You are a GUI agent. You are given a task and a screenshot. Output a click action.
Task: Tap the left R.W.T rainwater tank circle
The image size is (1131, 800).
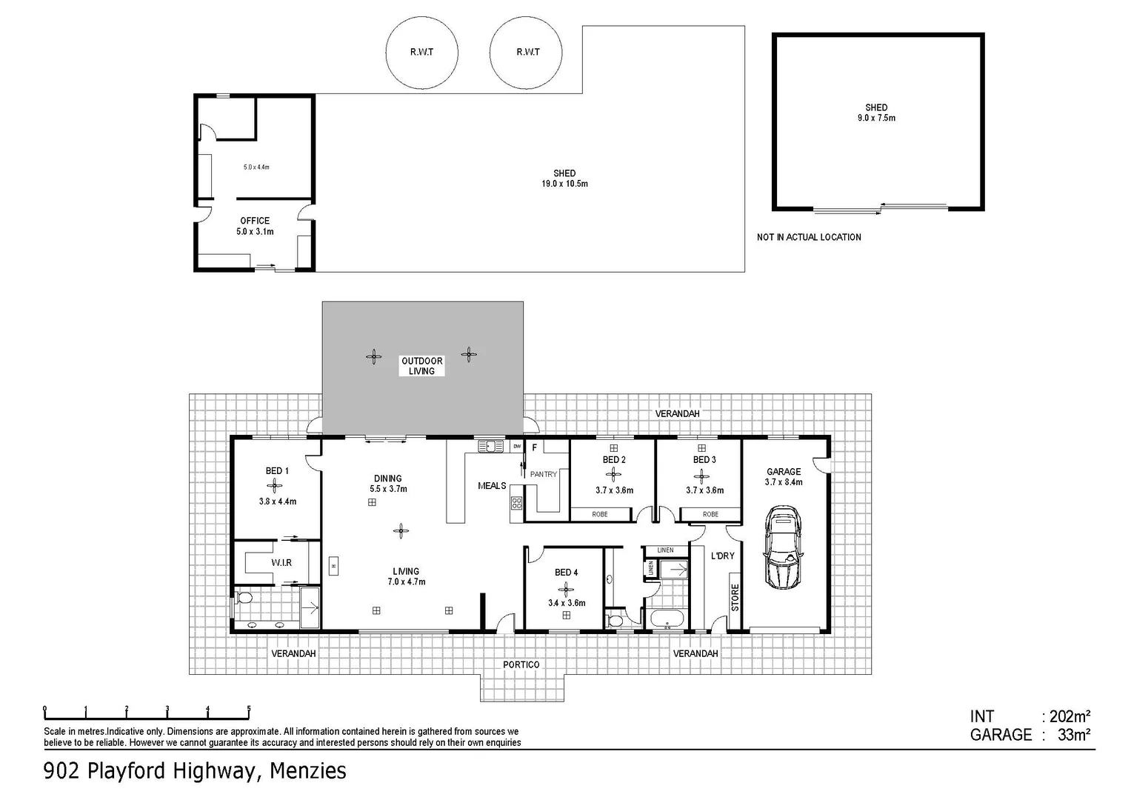click(421, 52)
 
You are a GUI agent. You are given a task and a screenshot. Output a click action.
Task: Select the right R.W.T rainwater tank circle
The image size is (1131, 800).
click(527, 52)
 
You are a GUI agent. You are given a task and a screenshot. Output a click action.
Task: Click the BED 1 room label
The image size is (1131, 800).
click(277, 471)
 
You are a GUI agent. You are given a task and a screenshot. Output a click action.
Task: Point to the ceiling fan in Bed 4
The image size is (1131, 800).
click(567, 589)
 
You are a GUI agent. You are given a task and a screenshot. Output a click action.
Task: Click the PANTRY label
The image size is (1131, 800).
click(543, 474)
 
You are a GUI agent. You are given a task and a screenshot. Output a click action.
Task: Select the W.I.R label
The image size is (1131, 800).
click(281, 563)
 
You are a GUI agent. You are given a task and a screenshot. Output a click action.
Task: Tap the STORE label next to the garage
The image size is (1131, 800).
click(735, 596)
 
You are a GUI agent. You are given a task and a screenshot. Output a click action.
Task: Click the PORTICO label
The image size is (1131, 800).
click(521, 664)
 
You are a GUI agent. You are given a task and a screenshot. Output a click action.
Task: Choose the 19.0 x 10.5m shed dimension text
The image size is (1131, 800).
click(564, 184)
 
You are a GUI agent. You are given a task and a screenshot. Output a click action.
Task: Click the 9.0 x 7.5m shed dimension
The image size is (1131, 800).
click(876, 118)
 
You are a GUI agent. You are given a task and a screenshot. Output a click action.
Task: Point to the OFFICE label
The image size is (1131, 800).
click(255, 221)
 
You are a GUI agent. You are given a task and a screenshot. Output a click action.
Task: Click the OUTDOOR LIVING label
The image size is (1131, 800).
click(422, 366)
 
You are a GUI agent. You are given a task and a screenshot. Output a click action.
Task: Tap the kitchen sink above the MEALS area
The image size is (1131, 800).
click(488, 446)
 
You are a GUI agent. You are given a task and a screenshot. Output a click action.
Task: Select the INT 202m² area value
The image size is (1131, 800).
click(1067, 716)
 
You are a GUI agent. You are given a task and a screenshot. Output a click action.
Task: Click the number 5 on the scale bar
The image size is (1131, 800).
click(249, 709)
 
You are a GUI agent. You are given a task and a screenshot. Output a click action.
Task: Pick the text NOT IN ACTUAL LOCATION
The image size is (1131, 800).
click(809, 237)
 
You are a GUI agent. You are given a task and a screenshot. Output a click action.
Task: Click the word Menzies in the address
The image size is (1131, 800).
click(307, 771)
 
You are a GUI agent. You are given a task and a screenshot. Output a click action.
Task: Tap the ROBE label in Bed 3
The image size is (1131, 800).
click(710, 514)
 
